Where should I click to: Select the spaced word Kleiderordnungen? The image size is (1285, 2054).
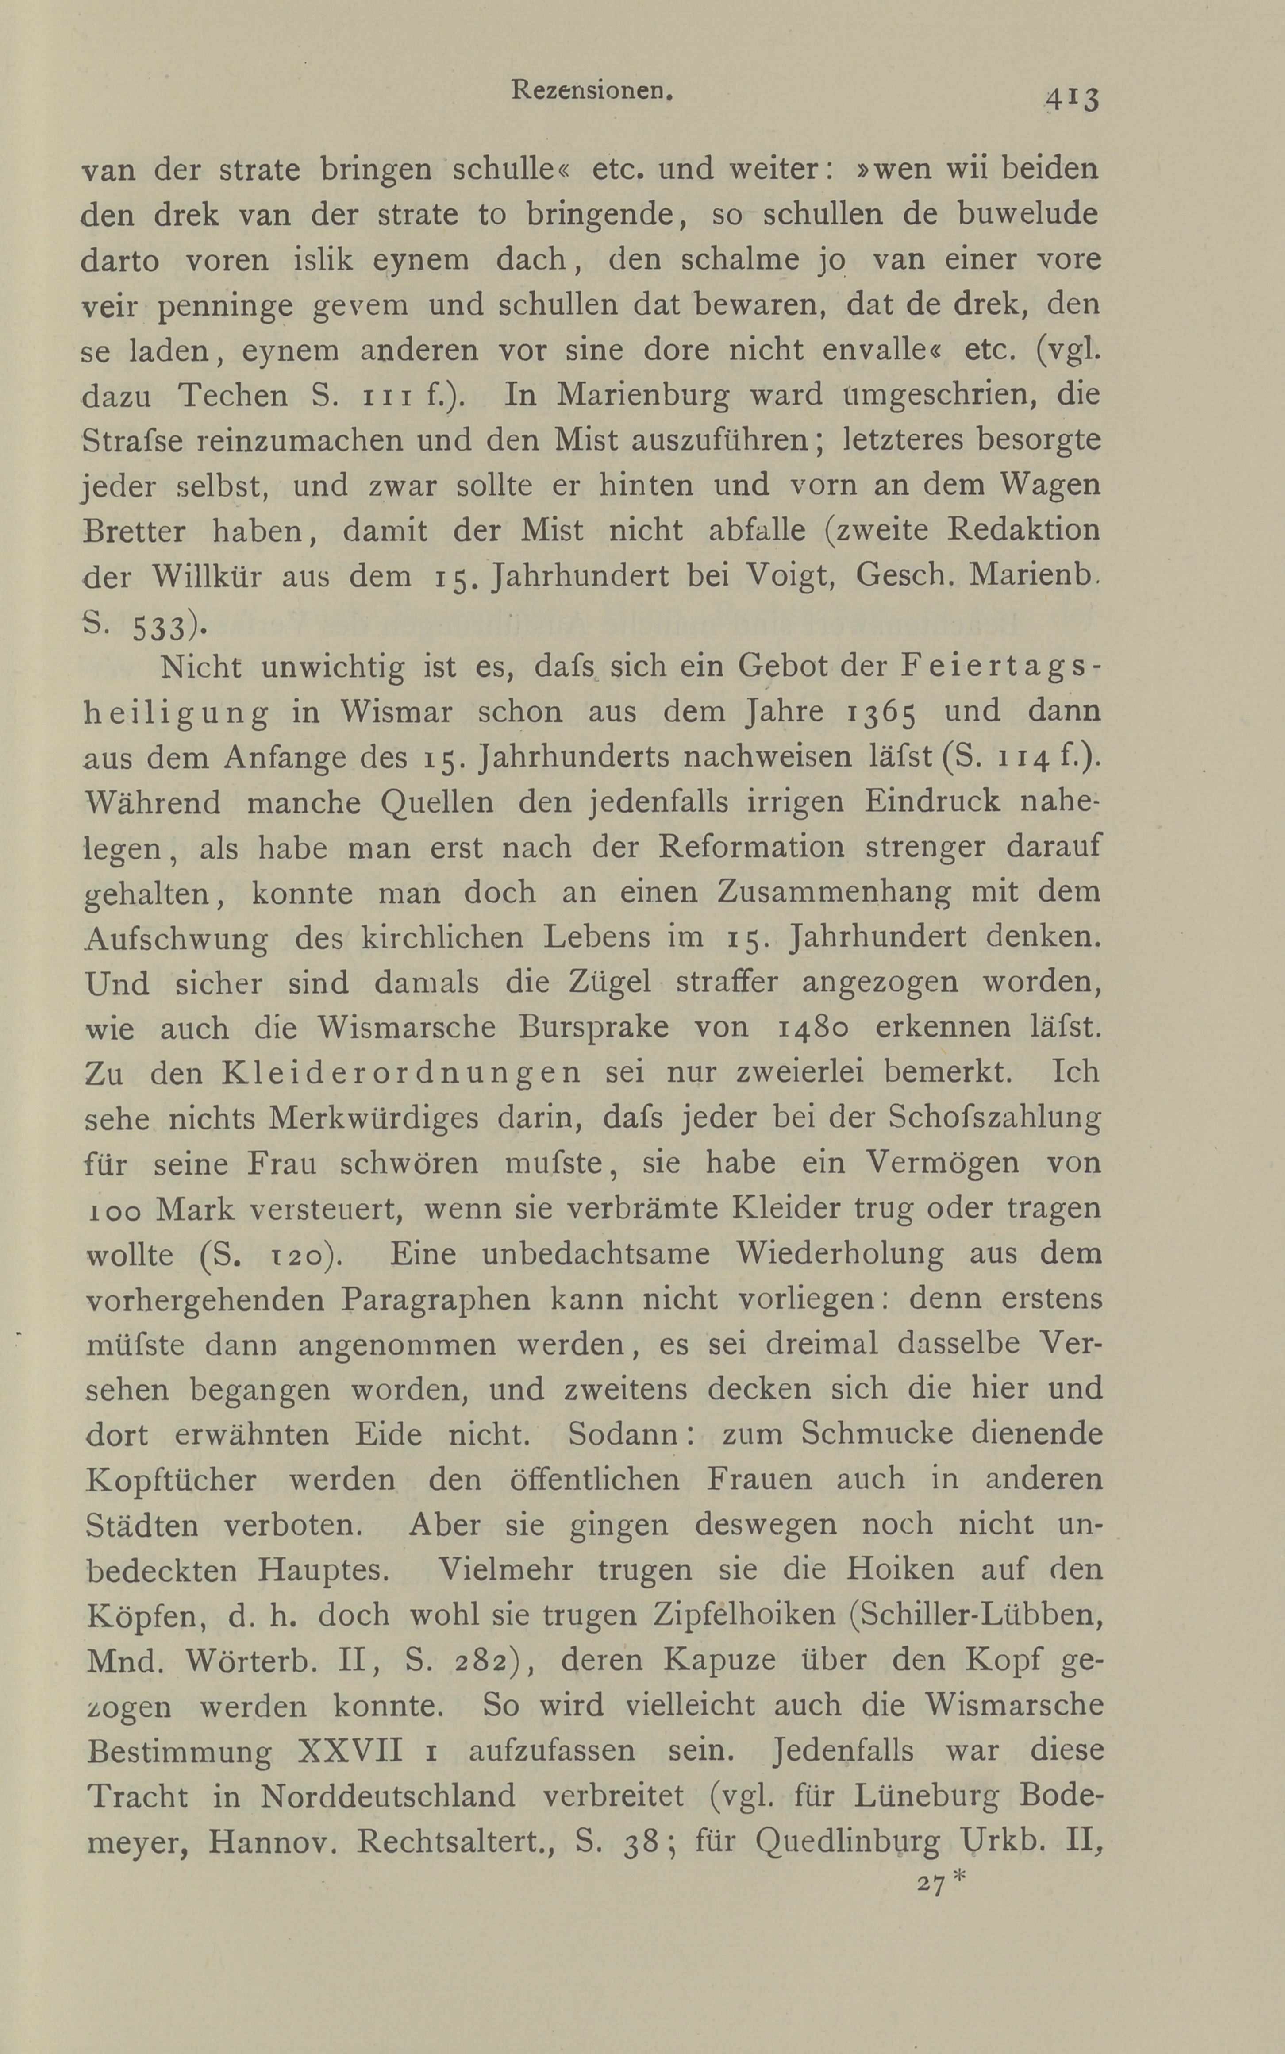(401, 1072)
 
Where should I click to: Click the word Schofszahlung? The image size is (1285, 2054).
(994, 1118)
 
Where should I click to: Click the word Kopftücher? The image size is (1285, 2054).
(171, 1480)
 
